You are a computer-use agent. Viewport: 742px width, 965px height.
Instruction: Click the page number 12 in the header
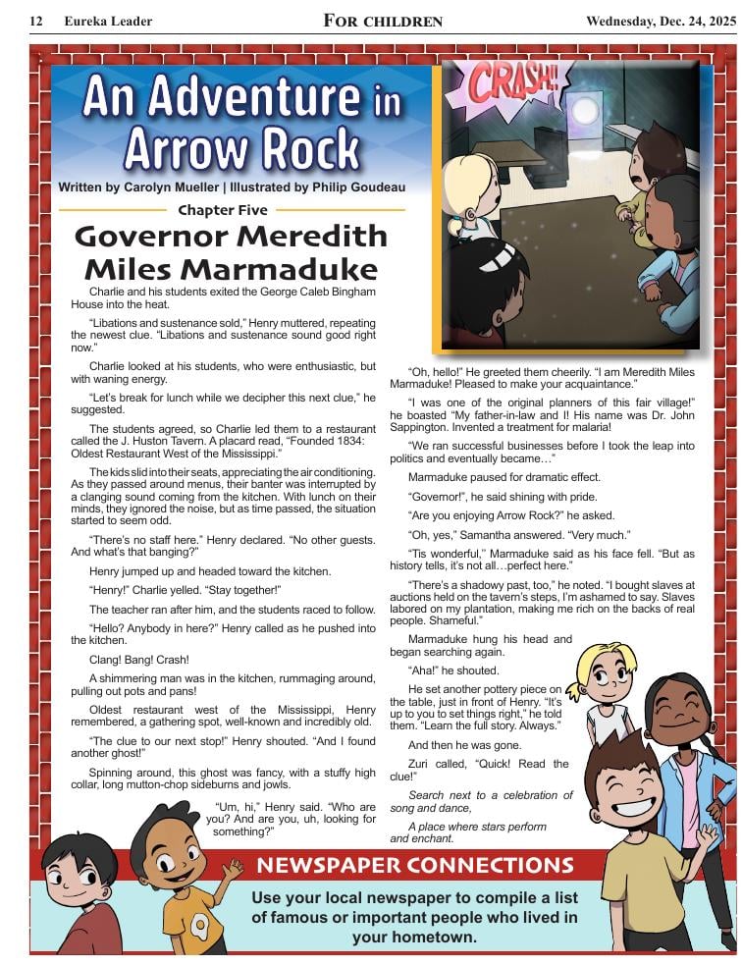[36, 21]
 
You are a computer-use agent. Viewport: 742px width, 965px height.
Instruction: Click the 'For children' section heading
[383, 21]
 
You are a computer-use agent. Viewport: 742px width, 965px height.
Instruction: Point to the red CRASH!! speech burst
[505, 85]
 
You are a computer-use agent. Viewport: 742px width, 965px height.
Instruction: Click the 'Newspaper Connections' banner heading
[414, 865]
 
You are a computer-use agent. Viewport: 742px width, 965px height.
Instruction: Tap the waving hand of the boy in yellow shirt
[706, 836]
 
